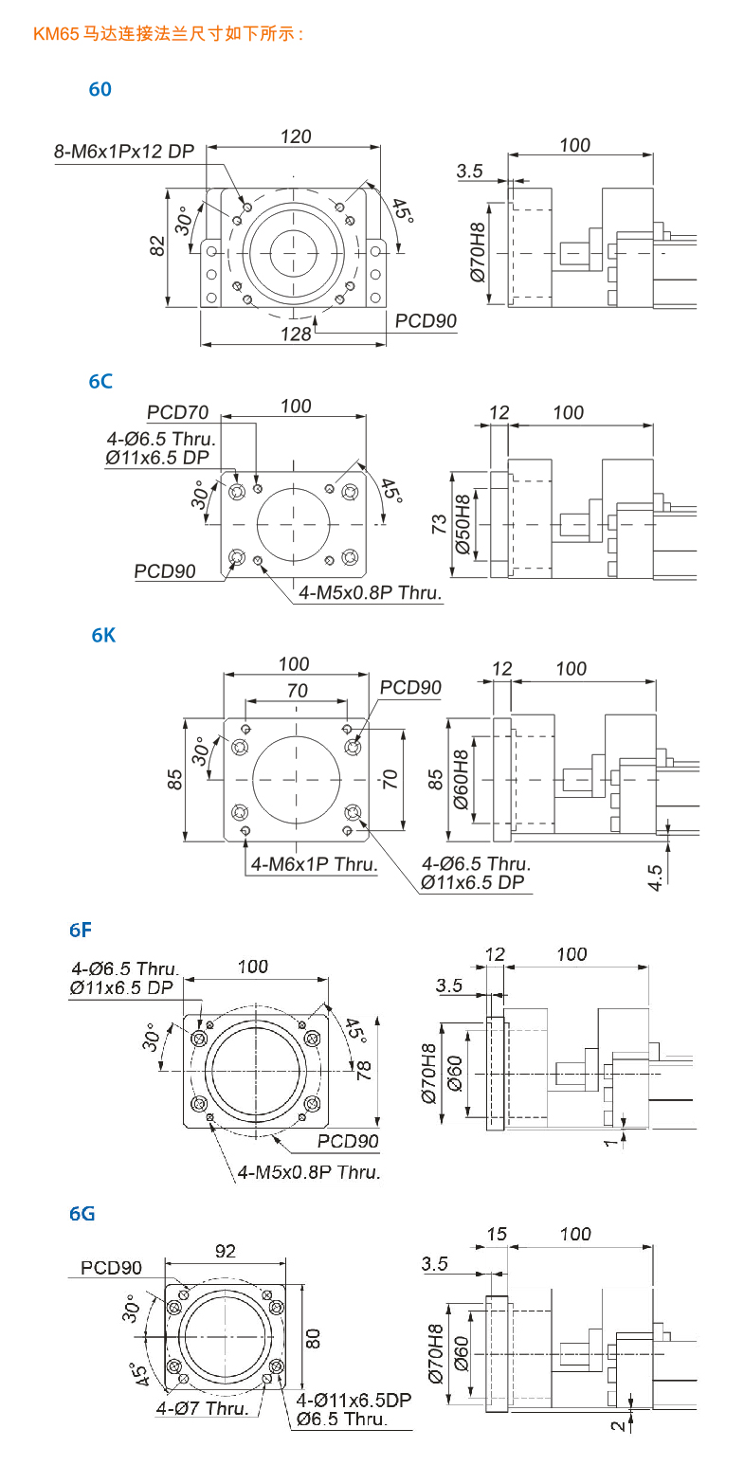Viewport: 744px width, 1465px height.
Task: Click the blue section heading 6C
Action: click(100, 381)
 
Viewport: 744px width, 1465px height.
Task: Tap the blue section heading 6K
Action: click(103, 636)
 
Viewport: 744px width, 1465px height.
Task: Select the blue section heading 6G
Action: click(82, 1213)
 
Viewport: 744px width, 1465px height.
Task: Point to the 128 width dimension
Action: click(297, 333)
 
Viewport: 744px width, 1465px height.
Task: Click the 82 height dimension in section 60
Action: click(158, 245)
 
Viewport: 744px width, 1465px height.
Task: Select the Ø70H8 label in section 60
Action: click(477, 250)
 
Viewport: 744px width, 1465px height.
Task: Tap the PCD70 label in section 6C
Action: click(177, 413)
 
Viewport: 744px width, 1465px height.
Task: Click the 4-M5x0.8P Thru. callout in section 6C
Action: click(371, 592)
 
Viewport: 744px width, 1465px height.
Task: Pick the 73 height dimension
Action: click(440, 524)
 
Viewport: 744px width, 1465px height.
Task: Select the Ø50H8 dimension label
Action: click(463, 523)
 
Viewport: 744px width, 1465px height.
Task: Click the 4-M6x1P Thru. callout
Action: click(314, 863)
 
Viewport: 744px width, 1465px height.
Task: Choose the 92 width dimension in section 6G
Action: click(225, 1251)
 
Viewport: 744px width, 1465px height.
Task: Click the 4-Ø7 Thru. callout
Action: click(202, 1408)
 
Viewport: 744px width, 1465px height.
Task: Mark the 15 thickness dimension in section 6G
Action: click(497, 1234)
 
